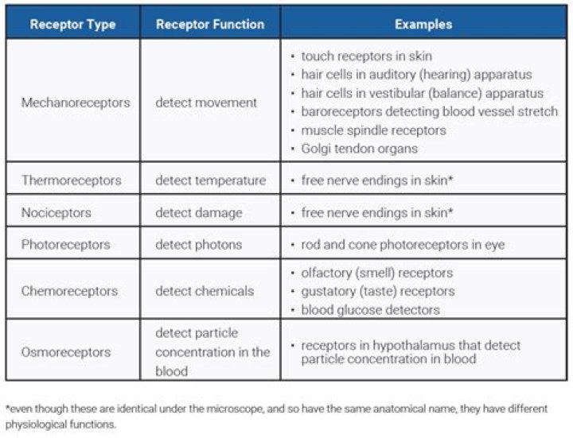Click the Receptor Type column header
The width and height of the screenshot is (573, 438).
pos(72,24)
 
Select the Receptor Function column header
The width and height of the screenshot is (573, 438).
pos(210,24)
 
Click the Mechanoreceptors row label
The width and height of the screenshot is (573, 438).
pos(76,103)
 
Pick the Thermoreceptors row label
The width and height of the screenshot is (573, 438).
pos(72,180)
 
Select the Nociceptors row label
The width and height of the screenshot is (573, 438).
pos(57,213)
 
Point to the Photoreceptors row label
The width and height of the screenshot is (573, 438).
pos(66,245)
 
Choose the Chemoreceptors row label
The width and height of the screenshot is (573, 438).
pos(69,291)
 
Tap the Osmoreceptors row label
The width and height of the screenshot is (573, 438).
pos(66,351)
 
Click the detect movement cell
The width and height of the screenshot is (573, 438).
pos(206,103)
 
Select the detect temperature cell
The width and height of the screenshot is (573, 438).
pos(210,180)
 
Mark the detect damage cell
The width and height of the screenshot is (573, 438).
pos(198,213)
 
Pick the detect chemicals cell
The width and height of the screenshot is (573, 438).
pos(205,291)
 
